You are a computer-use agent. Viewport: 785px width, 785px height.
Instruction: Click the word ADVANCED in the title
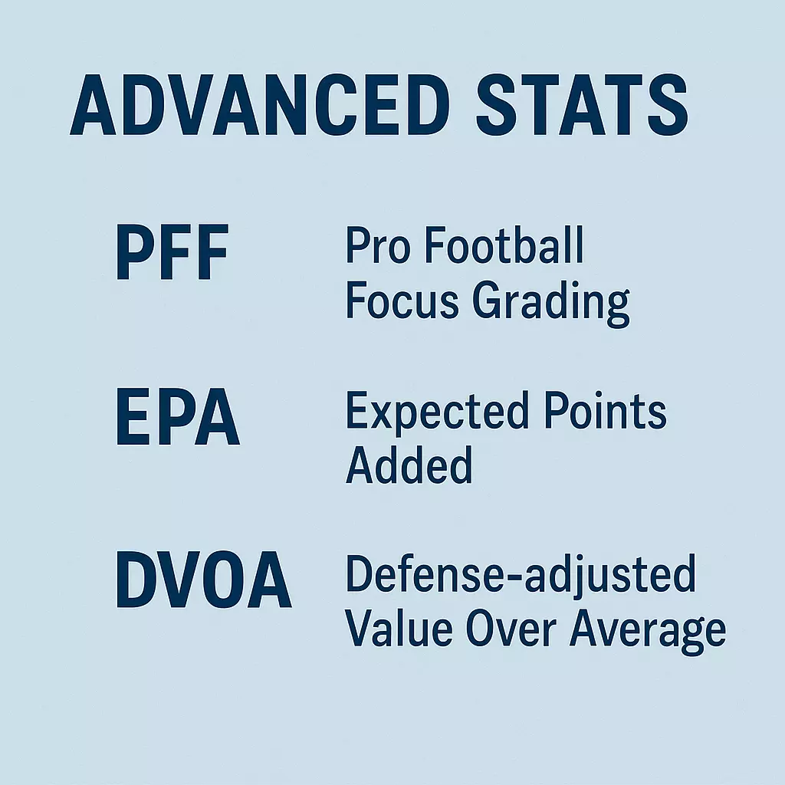coord(260,104)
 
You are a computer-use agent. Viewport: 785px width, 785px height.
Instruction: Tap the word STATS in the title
coord(583,104)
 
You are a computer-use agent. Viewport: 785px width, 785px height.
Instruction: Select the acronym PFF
coord(172,251)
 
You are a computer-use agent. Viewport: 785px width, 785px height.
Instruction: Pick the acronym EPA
coord(178,416)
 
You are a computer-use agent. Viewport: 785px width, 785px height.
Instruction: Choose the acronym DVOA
coord(204,580)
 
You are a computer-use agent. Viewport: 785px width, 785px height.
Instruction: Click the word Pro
coord(379,245)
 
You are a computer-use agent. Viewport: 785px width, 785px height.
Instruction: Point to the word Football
coord(504,245)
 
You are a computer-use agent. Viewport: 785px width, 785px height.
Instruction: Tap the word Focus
coord(402,300)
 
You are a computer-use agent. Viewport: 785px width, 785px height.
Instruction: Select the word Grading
coord(550,304)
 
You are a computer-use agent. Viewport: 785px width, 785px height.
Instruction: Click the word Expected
coord(437,411)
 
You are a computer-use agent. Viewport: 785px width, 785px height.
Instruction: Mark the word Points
coord(606,411)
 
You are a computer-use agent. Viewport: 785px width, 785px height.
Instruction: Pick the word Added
coord(409,465)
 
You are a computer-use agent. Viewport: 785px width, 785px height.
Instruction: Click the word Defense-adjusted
coord(521,576)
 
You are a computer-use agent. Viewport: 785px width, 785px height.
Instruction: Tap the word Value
coord(399,628)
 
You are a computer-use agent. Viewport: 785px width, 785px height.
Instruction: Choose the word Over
coord(511,629)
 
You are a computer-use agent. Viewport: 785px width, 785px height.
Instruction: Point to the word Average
coord(648,632)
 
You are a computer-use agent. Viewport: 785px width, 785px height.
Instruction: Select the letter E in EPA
coord(133,416)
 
